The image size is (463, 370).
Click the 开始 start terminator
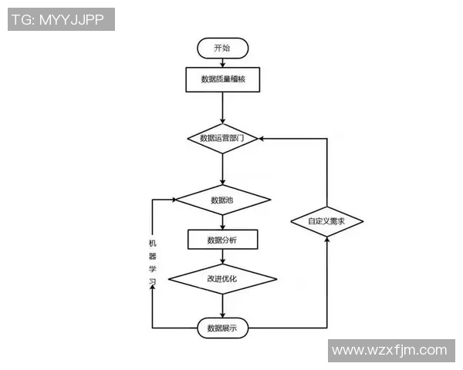coord(222,48)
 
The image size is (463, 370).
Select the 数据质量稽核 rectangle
coord(222,79)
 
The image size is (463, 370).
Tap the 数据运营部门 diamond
coord(222,139)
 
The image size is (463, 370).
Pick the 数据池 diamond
coord(222,200)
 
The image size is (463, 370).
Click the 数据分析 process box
coord(222,240)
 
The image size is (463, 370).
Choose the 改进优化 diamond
coord(222,278)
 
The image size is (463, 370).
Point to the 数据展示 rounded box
coord(222,328)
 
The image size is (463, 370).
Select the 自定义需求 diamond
coord(327,221)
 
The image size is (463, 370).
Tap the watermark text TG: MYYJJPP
coord(61,19)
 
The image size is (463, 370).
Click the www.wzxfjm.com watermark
coord(389,351)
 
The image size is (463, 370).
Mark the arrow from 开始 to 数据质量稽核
coord(222,62)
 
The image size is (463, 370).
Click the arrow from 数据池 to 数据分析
coord(222,222)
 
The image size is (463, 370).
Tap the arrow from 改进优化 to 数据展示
coord(222,305)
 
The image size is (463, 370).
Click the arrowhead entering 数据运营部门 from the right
coord(263,139)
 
